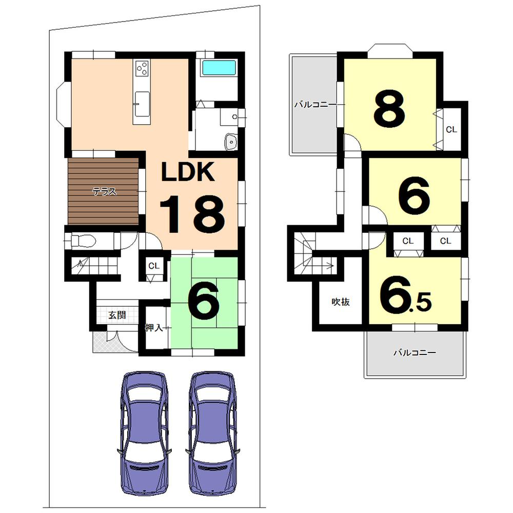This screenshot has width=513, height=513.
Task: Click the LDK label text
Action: (x=188, y=173)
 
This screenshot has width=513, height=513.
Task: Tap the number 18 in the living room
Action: (x=192, y=215)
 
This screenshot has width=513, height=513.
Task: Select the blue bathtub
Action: (x=219, y=68)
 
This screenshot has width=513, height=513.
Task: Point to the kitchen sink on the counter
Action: (x=142, y=99)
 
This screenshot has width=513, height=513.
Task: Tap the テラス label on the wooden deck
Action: (x=104, y=192)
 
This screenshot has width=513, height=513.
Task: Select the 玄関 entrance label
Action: (x=117, y=315)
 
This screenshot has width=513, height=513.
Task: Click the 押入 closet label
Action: (x=154, y=328)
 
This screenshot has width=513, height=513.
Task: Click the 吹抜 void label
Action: (x=340, y=302)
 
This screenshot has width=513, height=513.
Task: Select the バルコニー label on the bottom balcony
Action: (x=415, y=353)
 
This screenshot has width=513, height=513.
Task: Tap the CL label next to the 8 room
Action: (x=451, y=130)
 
